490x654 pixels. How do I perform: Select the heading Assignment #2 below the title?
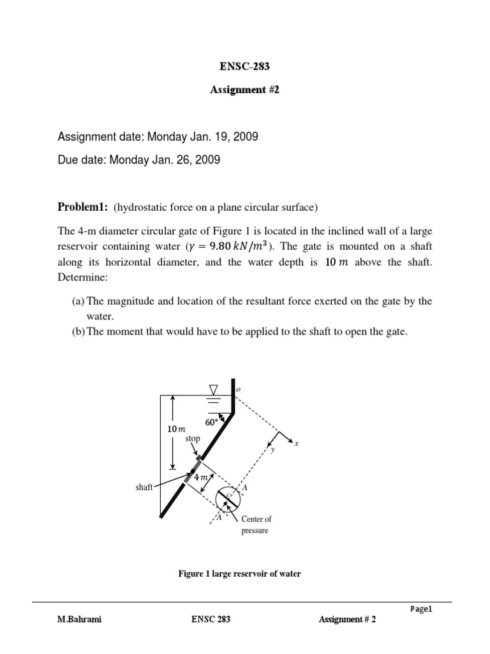click(244, 90)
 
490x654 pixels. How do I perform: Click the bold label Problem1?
click(83, 207)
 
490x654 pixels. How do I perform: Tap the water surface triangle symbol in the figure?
click(213, 390)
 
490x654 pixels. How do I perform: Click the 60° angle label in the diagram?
click(212, 422)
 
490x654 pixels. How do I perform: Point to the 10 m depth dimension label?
click(175, 430)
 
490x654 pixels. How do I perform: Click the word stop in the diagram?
click(193, 439)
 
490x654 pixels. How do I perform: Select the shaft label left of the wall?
click(144, 487)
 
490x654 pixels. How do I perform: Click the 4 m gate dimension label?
click(200, 477)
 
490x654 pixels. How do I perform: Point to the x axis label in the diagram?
click(295, 442)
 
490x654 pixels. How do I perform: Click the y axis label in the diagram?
click(272, 450)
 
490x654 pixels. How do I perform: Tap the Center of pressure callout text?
click(256, 525)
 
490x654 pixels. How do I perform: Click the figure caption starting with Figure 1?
click(239, 574)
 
